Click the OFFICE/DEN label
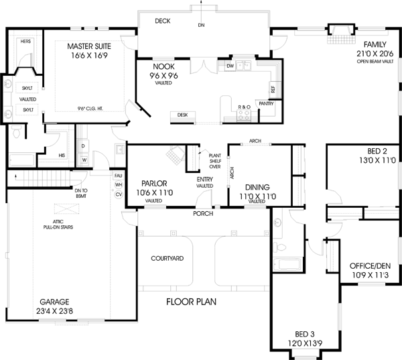click(365, 265)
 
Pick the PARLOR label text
click(154, 183)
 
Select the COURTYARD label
click(167, 257)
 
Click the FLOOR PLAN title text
click(191, 302)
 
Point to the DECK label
click(163, 21)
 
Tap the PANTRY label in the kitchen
click(266, 104)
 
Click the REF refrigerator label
click(273, 88)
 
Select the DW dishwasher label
click(230, 66)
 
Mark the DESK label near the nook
click(182, 115)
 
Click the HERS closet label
click(25, 42)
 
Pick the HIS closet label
click(62, 155)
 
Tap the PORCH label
click(204, 214)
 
